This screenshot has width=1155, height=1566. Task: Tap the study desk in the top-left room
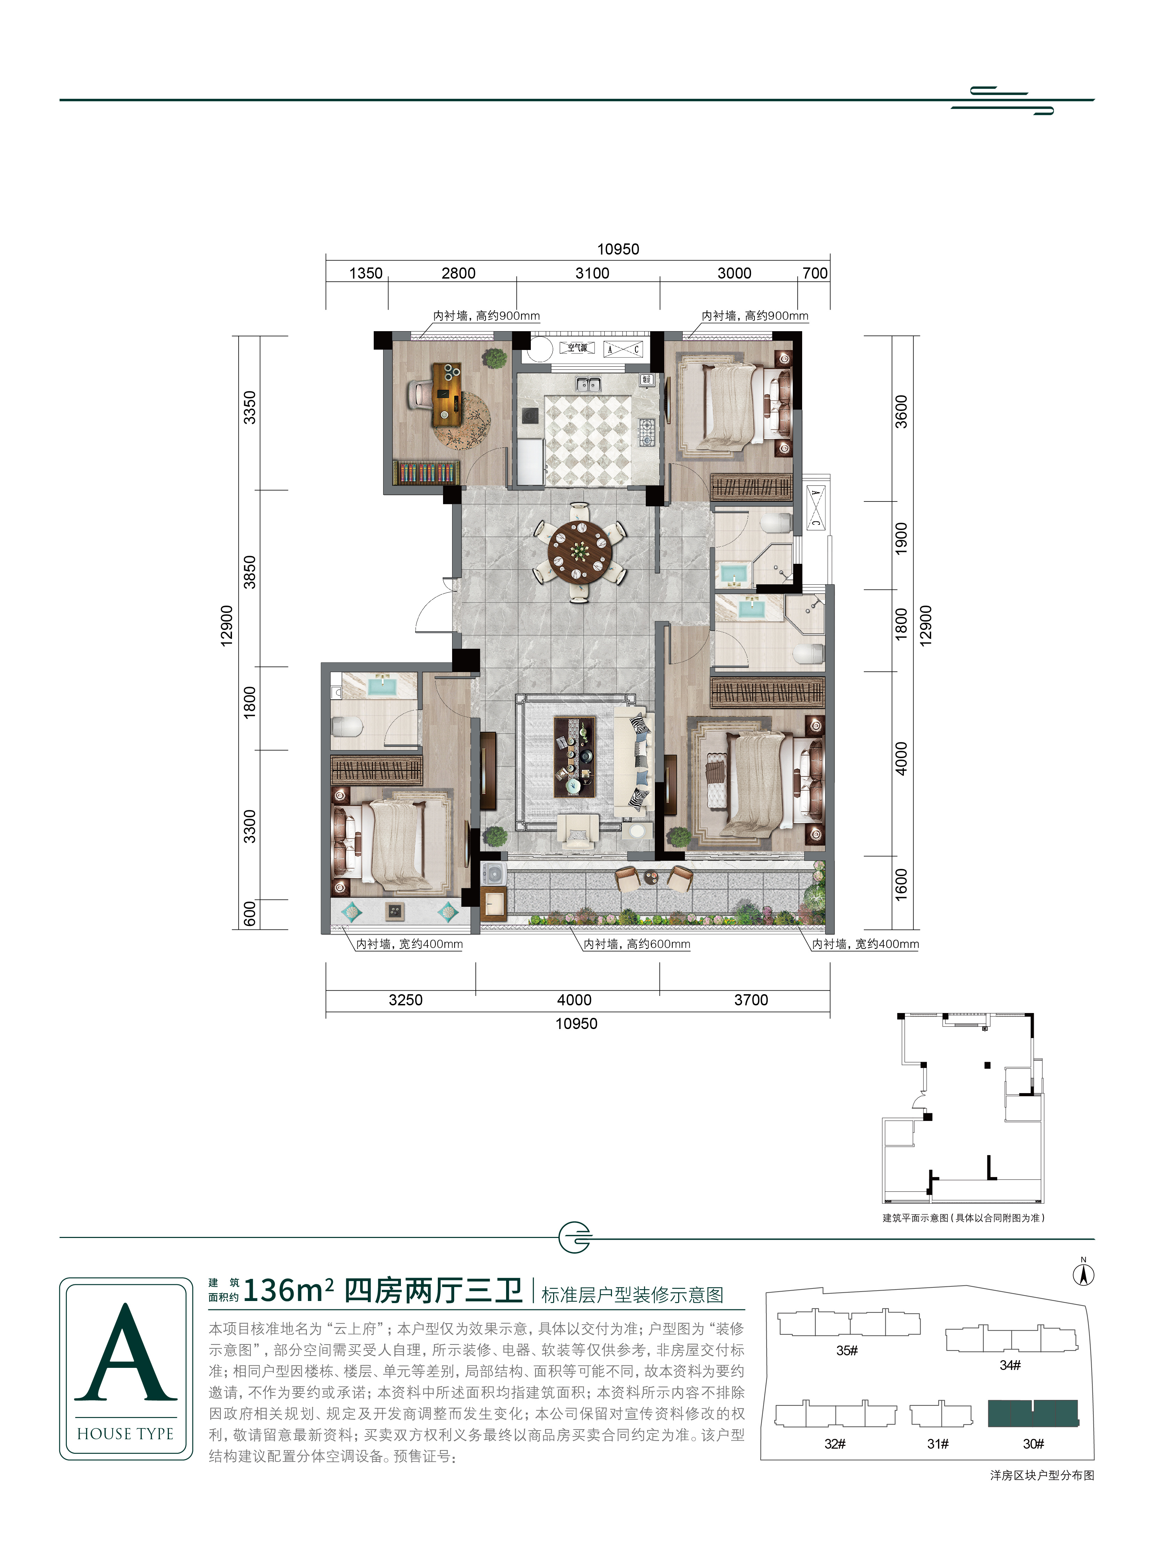(x=447, y=395)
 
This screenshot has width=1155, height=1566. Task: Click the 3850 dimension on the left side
(x=250, y=571)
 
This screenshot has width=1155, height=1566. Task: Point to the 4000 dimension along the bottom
(x=574, y=1000)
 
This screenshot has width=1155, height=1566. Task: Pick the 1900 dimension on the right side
(x=901, y=539)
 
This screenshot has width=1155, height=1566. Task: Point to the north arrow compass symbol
(x=1084, y=1274)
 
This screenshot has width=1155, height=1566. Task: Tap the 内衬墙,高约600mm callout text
(x=637, y=944)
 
